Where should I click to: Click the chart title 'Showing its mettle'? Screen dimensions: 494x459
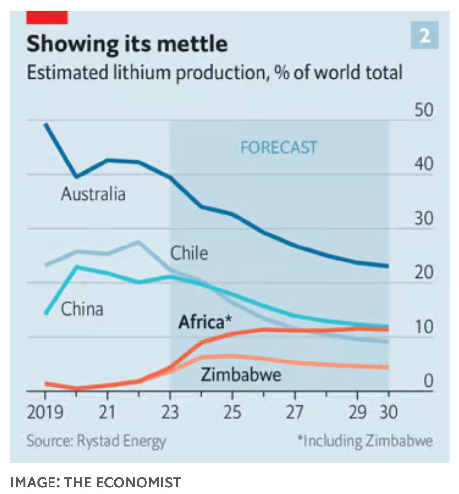127,44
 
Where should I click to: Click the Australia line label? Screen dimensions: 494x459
93,194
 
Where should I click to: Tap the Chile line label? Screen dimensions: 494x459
189,253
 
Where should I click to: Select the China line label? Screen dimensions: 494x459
82,309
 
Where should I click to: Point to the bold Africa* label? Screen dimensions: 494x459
205,322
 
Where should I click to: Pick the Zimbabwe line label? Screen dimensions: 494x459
241,374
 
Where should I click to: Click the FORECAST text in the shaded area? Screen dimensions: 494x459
279,148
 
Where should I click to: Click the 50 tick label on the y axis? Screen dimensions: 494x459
424,110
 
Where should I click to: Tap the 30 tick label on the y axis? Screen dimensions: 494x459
424,219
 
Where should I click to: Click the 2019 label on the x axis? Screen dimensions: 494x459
45,412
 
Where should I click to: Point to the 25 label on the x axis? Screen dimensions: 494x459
232,412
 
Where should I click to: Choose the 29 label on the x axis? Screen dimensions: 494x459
357,412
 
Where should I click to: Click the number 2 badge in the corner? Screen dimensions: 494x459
424,35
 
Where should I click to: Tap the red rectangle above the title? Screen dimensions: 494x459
47,18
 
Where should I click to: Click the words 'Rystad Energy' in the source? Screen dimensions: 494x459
121,441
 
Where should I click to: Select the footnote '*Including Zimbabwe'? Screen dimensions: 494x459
365,441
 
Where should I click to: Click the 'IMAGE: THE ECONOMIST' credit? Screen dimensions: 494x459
96,483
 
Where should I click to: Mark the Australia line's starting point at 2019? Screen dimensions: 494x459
46,124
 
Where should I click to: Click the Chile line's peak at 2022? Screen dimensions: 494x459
138,242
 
